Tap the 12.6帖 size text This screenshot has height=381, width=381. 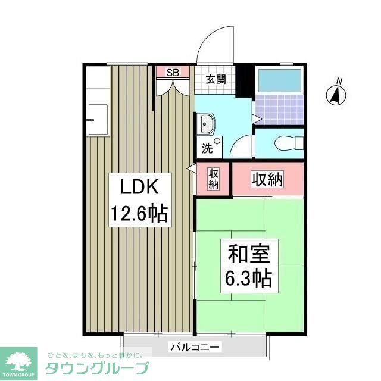[x=139, y=213]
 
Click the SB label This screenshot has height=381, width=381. [x=173, y=73]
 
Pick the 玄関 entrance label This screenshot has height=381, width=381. [x=216, y=79]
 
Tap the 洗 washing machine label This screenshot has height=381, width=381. [x=206, y=149]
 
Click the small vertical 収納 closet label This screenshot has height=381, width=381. [x=213, y=179]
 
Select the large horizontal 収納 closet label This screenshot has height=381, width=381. [x=266, y=178]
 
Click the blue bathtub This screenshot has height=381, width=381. [x=279, y=80]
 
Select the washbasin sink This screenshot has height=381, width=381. [x=207, y=125]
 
